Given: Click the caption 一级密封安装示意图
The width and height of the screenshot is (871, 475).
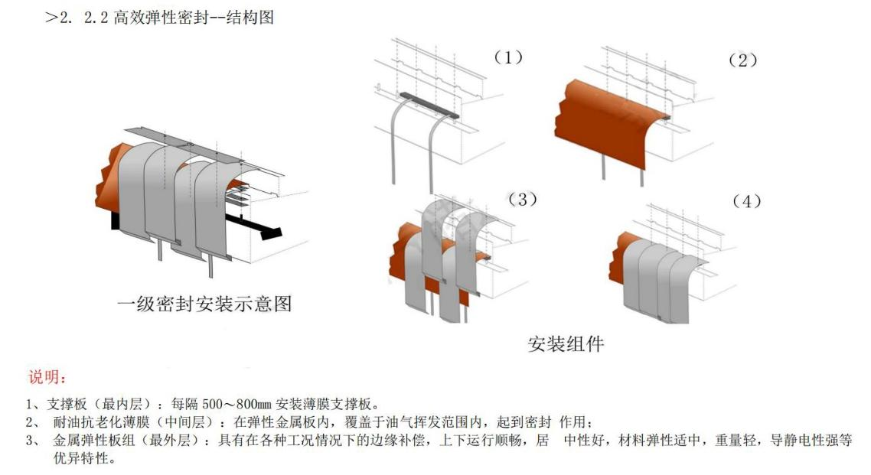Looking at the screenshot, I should [204, 304].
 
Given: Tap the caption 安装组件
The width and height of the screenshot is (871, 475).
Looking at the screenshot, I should [566, 343].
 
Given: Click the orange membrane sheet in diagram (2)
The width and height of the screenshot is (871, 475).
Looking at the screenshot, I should [605, 115].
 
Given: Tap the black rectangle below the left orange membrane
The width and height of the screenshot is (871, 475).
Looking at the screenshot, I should [116, 222].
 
